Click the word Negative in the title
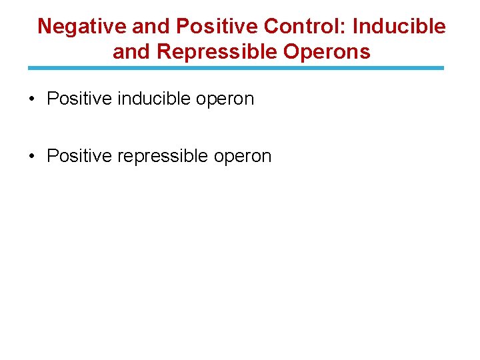pos(82,27)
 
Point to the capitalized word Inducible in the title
pos(399,27)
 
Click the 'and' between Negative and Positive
pos(151,27)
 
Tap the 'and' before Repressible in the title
pos(131,52)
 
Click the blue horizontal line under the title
pos(235,68)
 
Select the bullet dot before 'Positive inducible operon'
pos(32,100)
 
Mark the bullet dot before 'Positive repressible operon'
pos(32,157)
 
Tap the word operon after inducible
pos(227,101)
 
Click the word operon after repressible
pos(244,157)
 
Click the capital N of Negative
pos(45,27)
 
